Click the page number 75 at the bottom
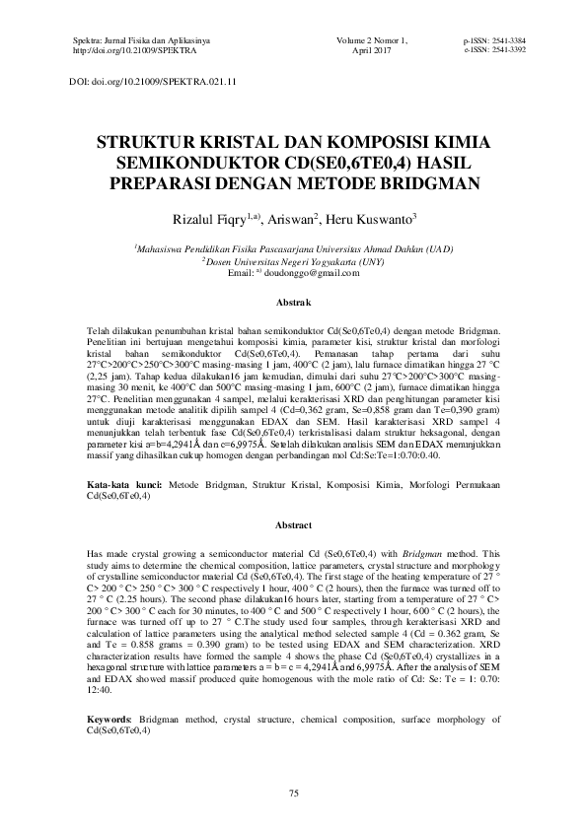pyautogui.click(x=293, y=794)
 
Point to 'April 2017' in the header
pyautogui.click(x=372, y=47)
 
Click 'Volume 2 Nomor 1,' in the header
pyautogui.click(x=372, y=38)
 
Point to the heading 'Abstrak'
pyautogui.click(x=293, y=301)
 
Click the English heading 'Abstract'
pyautogui.click(x=293, y=525)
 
